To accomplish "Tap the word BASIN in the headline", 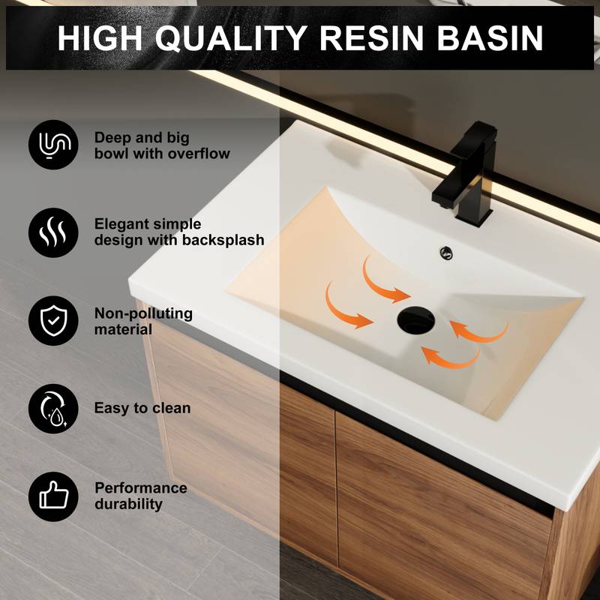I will coord(491,37).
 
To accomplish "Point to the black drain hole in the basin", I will coord(415,319).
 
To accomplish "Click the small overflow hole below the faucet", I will coord(447,253).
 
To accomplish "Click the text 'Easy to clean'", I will coord(142,409).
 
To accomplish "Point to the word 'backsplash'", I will coord(223,241).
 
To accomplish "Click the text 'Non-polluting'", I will coord(143,313).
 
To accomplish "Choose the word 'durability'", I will coord(128,504).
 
